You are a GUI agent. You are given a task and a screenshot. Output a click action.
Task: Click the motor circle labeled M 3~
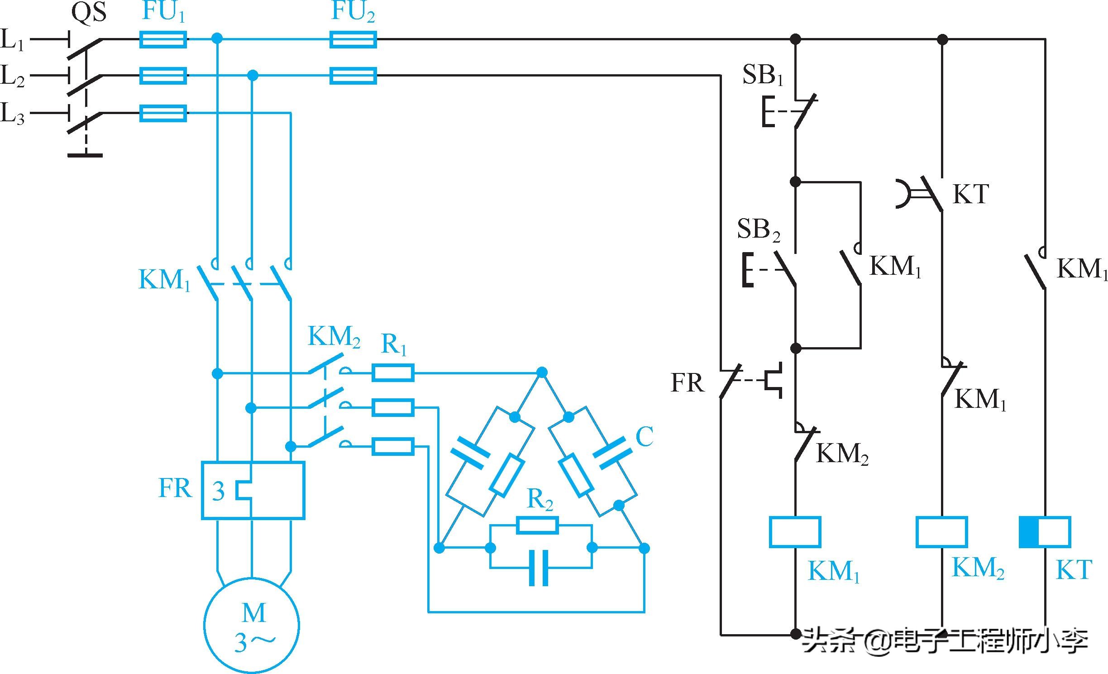252,625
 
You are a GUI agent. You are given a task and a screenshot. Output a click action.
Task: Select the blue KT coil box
1045,532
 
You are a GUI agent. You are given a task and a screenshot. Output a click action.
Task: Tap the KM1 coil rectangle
795,532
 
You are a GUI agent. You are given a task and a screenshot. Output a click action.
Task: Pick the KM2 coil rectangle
942,532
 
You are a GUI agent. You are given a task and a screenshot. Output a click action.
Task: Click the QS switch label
89,12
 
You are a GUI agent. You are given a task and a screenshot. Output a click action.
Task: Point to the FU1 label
163,11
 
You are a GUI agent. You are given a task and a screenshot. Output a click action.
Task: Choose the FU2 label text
353,11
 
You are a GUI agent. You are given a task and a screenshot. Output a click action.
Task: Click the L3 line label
12,113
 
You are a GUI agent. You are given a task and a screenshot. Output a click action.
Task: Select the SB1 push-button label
762,75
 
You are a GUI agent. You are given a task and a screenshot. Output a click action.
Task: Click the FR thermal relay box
253,490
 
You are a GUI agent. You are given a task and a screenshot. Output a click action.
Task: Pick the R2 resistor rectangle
538,526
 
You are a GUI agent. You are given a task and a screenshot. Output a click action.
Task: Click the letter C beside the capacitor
644,437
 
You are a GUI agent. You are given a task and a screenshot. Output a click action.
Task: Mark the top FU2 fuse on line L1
353,39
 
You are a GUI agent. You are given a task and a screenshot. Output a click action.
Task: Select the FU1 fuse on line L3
163,113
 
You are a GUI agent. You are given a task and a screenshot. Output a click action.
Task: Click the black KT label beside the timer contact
970,194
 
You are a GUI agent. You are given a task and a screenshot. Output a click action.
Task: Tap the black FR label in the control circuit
687,383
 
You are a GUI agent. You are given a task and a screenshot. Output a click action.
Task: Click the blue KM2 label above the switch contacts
334,337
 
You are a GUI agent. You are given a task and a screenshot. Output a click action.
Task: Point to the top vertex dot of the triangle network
542,373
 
